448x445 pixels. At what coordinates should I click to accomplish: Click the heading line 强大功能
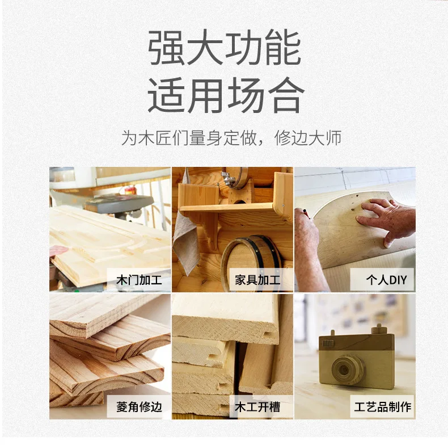(224, 49)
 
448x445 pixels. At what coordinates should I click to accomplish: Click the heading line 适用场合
(224, 94)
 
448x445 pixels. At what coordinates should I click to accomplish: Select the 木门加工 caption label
(138, 280)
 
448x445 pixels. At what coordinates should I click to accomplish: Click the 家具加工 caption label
(257, 280)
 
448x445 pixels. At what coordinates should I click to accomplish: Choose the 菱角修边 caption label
(138, 406)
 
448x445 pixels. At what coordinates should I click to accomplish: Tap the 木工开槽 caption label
(257, 406)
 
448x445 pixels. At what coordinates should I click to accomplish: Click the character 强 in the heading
(167, 49)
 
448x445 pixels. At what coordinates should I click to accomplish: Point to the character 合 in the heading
(283, 94)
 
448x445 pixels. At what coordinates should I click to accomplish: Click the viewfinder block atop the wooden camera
(379, 330)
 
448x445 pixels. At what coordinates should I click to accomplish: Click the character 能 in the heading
(282, 49)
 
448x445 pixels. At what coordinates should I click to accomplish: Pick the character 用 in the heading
(205, 94)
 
